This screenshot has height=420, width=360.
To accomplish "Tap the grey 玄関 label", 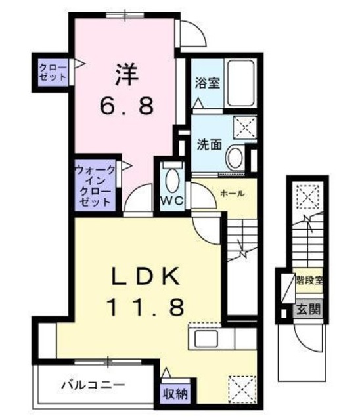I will click(307, 308).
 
